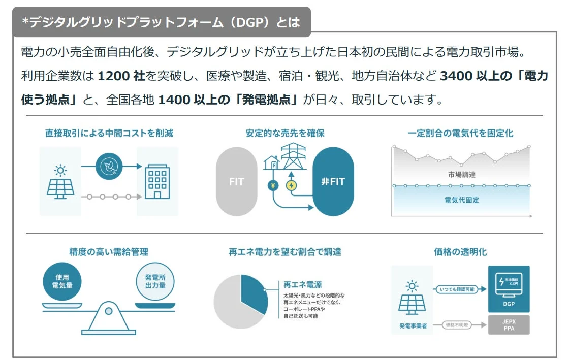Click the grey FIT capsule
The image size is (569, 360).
point(236,182)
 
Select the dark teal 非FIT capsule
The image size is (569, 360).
point(333,182)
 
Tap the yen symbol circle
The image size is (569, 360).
point(273,185)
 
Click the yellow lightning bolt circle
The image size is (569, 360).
point(291,185)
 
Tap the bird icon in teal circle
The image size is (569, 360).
point(109,166)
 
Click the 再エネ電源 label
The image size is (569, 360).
point(303,285)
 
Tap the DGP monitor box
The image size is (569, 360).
point(509,288)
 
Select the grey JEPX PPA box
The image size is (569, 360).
point(509,324)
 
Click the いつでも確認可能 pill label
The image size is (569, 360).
point(456,289)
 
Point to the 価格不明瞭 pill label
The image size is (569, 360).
point(456,324)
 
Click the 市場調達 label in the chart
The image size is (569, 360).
point(462,174)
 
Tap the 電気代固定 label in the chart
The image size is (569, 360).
point(462,200)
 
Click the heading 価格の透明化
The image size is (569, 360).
point(460,252)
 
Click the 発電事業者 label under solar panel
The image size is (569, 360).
point(412,325)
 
